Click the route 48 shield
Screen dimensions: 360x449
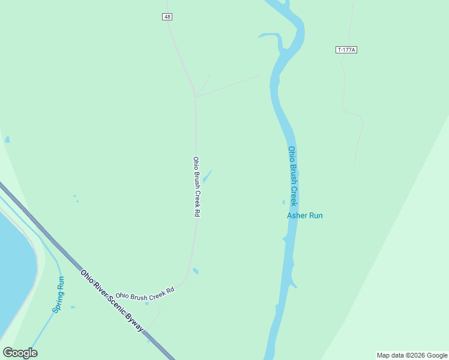(167, 17)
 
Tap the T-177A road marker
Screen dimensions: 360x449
(346, 50)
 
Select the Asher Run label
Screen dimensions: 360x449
(304, 215)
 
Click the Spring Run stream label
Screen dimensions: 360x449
(58, 295)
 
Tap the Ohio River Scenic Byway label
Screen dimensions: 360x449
(112, 301)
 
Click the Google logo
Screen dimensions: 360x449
(20, 352)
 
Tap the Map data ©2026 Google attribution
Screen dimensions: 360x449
(412, 355)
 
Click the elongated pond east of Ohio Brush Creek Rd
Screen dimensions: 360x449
(207, 176)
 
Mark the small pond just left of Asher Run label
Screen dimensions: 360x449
(283, 202)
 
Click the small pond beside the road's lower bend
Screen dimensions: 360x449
(196, 271)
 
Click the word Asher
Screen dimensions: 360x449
(297, 215)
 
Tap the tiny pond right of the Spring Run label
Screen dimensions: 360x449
(73, 307)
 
